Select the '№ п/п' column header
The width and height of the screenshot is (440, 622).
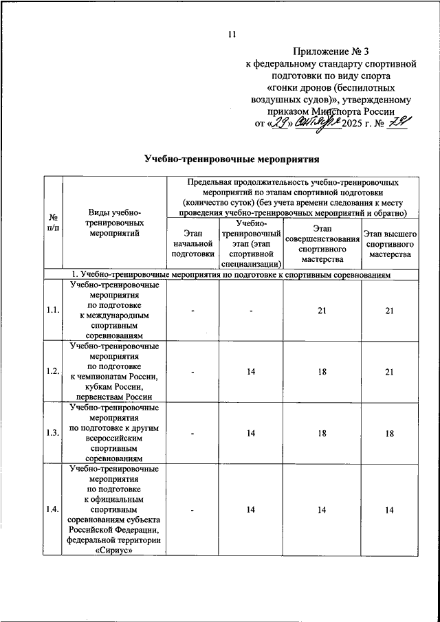click(x=52, y=221)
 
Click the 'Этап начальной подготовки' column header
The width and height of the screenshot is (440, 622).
click(x=192, y=243)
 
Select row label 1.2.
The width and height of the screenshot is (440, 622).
click(x=52, y=371)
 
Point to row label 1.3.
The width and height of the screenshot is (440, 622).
click(x=52, y=433)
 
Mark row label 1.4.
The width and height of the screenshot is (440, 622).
click(x=52, y=509)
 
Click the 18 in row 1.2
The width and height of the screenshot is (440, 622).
click(x=320, y=371)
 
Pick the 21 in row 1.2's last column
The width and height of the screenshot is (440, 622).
click(x=390, y=371)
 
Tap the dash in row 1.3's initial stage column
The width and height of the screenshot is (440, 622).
click(x=193, y=433)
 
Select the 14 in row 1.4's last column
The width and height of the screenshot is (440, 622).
click(x=390, y=509)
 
